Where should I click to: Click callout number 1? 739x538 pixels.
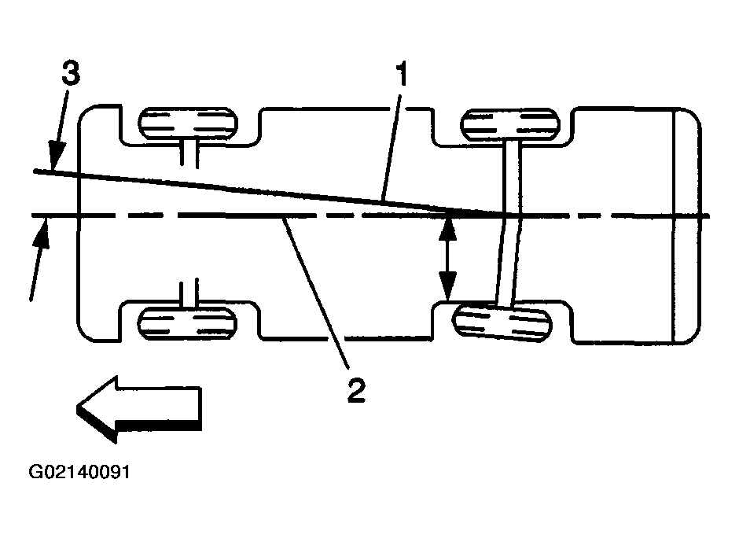401,74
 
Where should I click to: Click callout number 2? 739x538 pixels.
357,389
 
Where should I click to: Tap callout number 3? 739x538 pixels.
71,73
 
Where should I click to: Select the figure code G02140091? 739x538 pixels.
79,471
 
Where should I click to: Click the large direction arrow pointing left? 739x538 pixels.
139,409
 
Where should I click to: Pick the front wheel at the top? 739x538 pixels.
188,123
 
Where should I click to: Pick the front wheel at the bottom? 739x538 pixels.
187,323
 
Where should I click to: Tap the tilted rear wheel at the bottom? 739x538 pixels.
502,323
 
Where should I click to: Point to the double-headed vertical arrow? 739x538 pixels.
447,259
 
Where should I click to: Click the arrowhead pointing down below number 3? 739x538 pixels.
56,155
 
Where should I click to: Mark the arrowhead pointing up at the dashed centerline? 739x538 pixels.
42,232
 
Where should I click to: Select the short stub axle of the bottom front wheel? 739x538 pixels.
189,293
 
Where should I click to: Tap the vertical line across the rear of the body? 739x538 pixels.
675,226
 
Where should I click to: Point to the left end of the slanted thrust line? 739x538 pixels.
35,171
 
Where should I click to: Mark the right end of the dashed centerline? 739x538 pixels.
708,216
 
